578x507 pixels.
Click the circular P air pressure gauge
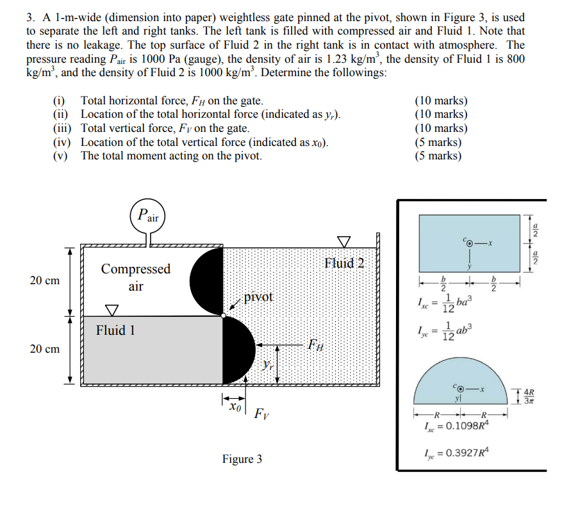coord(149,216)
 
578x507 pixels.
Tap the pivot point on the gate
coord(223,316)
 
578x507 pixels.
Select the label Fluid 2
coord(343,262)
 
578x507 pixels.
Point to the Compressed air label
coord(135,277)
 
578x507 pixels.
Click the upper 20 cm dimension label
coord(44,280)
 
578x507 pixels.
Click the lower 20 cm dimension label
coord(44,349)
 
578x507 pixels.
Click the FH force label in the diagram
coord(314,345)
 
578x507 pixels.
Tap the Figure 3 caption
coord(242,459)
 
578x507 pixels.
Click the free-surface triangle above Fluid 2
coord(344,241)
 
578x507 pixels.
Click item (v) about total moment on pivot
coord(170,155)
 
